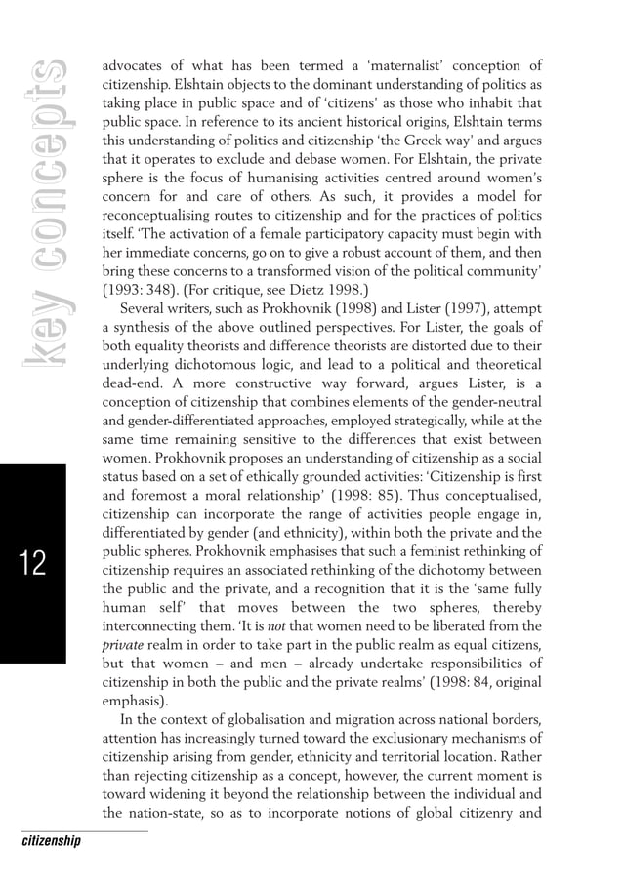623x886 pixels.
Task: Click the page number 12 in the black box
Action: coord(32,563)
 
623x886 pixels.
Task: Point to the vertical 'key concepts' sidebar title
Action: coord(45,216)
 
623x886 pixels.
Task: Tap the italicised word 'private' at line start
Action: coord(123,643)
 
